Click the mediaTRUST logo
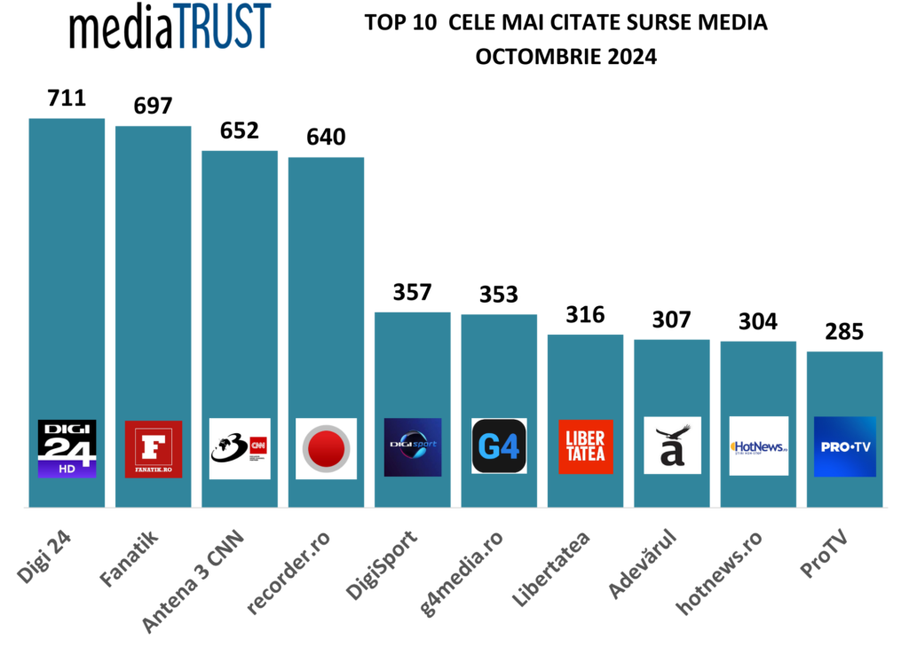pyautogui.click(x=170, y=28)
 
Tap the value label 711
pyautogui.click(x=67, y=97)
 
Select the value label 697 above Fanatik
pyautogui.click(x=153, y=105)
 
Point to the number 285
pyautogui.click(x=844, y=333)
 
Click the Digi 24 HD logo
pyautogui.click(x=67, y=449)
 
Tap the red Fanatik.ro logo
pyautogui.click(x=154, y=449)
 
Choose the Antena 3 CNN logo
pyautogui.click(x=240, y=449)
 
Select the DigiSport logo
pyautogui.click(x=412, y=447)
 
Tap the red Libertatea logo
pyautogui.click(x=585, y=446)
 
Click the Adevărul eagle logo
pyautogui.click(x=672, y=446)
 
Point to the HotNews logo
pyautogui.click(x=758, y=446)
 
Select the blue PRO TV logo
pyautogui.click(x=844, y=446)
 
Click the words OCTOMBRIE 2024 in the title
pyautogui.click(x=565, y=59)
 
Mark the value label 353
pyautogui.click(x=498, y=295)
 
